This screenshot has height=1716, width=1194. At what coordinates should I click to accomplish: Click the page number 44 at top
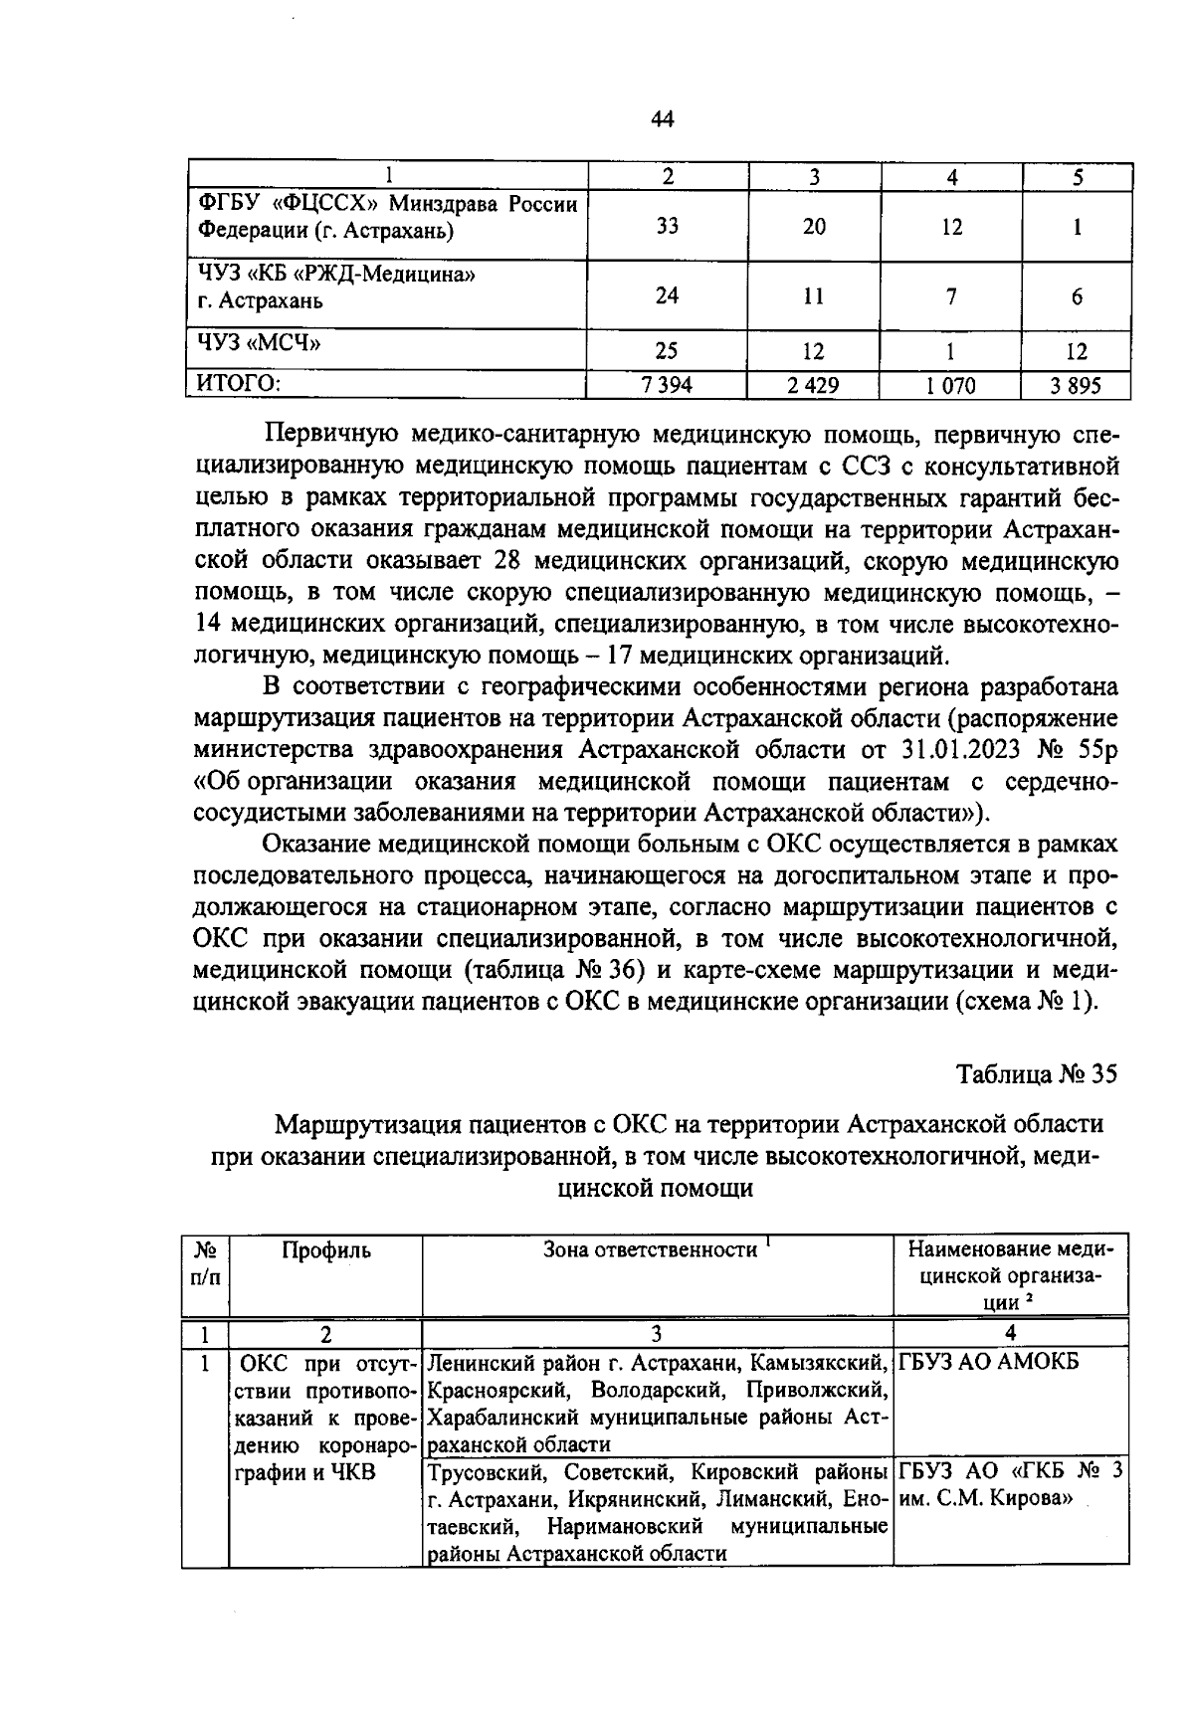(x=663, y=120)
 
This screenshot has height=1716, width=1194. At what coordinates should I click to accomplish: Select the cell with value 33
(x=668, y=226)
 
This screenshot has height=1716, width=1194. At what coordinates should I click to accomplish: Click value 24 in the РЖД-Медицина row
(x=668, y=296)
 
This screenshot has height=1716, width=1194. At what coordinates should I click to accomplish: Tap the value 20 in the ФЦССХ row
(x=814, y=226)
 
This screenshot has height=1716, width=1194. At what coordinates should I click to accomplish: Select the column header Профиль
(x=326, y=1250)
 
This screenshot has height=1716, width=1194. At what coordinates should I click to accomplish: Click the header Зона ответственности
(x=652, y=1250)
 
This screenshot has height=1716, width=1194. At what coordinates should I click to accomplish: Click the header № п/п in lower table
(x=205, y=1262)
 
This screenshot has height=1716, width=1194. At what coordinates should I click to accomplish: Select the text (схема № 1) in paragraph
(x=1026, y=1002)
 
